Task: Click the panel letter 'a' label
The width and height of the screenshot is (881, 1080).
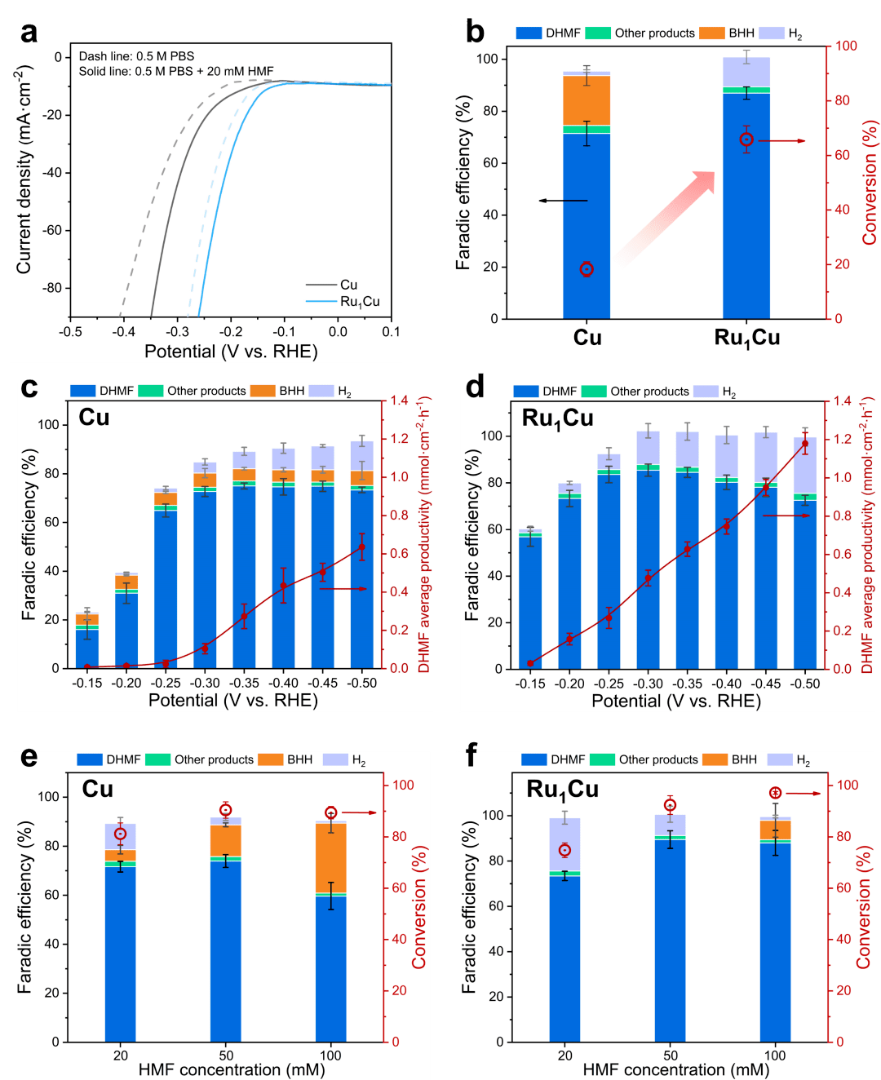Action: click(29, 32)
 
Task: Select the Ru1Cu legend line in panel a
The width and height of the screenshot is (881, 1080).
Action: click(321, 302)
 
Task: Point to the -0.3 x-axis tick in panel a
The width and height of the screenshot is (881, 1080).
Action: click(178, 332)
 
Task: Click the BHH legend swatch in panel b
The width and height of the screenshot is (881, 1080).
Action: click(712, 33)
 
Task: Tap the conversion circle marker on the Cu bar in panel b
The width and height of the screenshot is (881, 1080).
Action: click(587, 269)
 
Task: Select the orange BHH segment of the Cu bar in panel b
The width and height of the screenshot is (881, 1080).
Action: click(587, 100)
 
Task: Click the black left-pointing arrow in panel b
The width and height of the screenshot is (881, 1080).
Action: click(563, 201)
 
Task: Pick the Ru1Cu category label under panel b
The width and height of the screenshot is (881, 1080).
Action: click(746, 338)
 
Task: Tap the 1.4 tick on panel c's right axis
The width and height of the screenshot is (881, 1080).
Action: click(399, 401)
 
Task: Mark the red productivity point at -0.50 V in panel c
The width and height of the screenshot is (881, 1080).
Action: click(361, 547)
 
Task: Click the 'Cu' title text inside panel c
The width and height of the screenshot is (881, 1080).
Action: click(94, 418)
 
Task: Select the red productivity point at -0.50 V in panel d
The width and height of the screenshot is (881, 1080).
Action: click(805, 444)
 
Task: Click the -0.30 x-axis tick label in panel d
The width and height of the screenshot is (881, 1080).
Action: click(649, 684)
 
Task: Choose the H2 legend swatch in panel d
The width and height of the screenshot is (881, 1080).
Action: click(706, 392)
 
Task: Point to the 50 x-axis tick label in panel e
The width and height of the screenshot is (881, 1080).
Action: click(226, 1056)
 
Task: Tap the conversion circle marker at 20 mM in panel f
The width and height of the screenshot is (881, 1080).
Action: click(564, 850)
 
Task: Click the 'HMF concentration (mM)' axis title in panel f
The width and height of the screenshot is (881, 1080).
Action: click(675, 1069)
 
